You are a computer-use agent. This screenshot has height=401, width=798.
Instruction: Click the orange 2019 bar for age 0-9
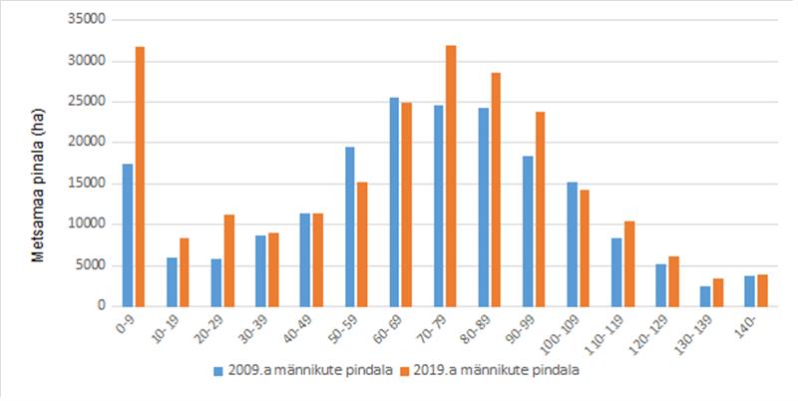pyautogui.click(x=141, y=177)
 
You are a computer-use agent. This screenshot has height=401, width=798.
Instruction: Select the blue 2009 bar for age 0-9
pyautogui.click(x=128, y=235)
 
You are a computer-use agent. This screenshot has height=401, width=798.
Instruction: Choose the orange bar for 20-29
pyautogui.click(x=229, y=260)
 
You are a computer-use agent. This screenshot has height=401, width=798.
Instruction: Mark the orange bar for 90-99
pyautogui.click(x=540, y=208)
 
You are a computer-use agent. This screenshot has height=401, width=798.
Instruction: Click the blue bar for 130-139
pyautogui.click(x=705, y=295)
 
